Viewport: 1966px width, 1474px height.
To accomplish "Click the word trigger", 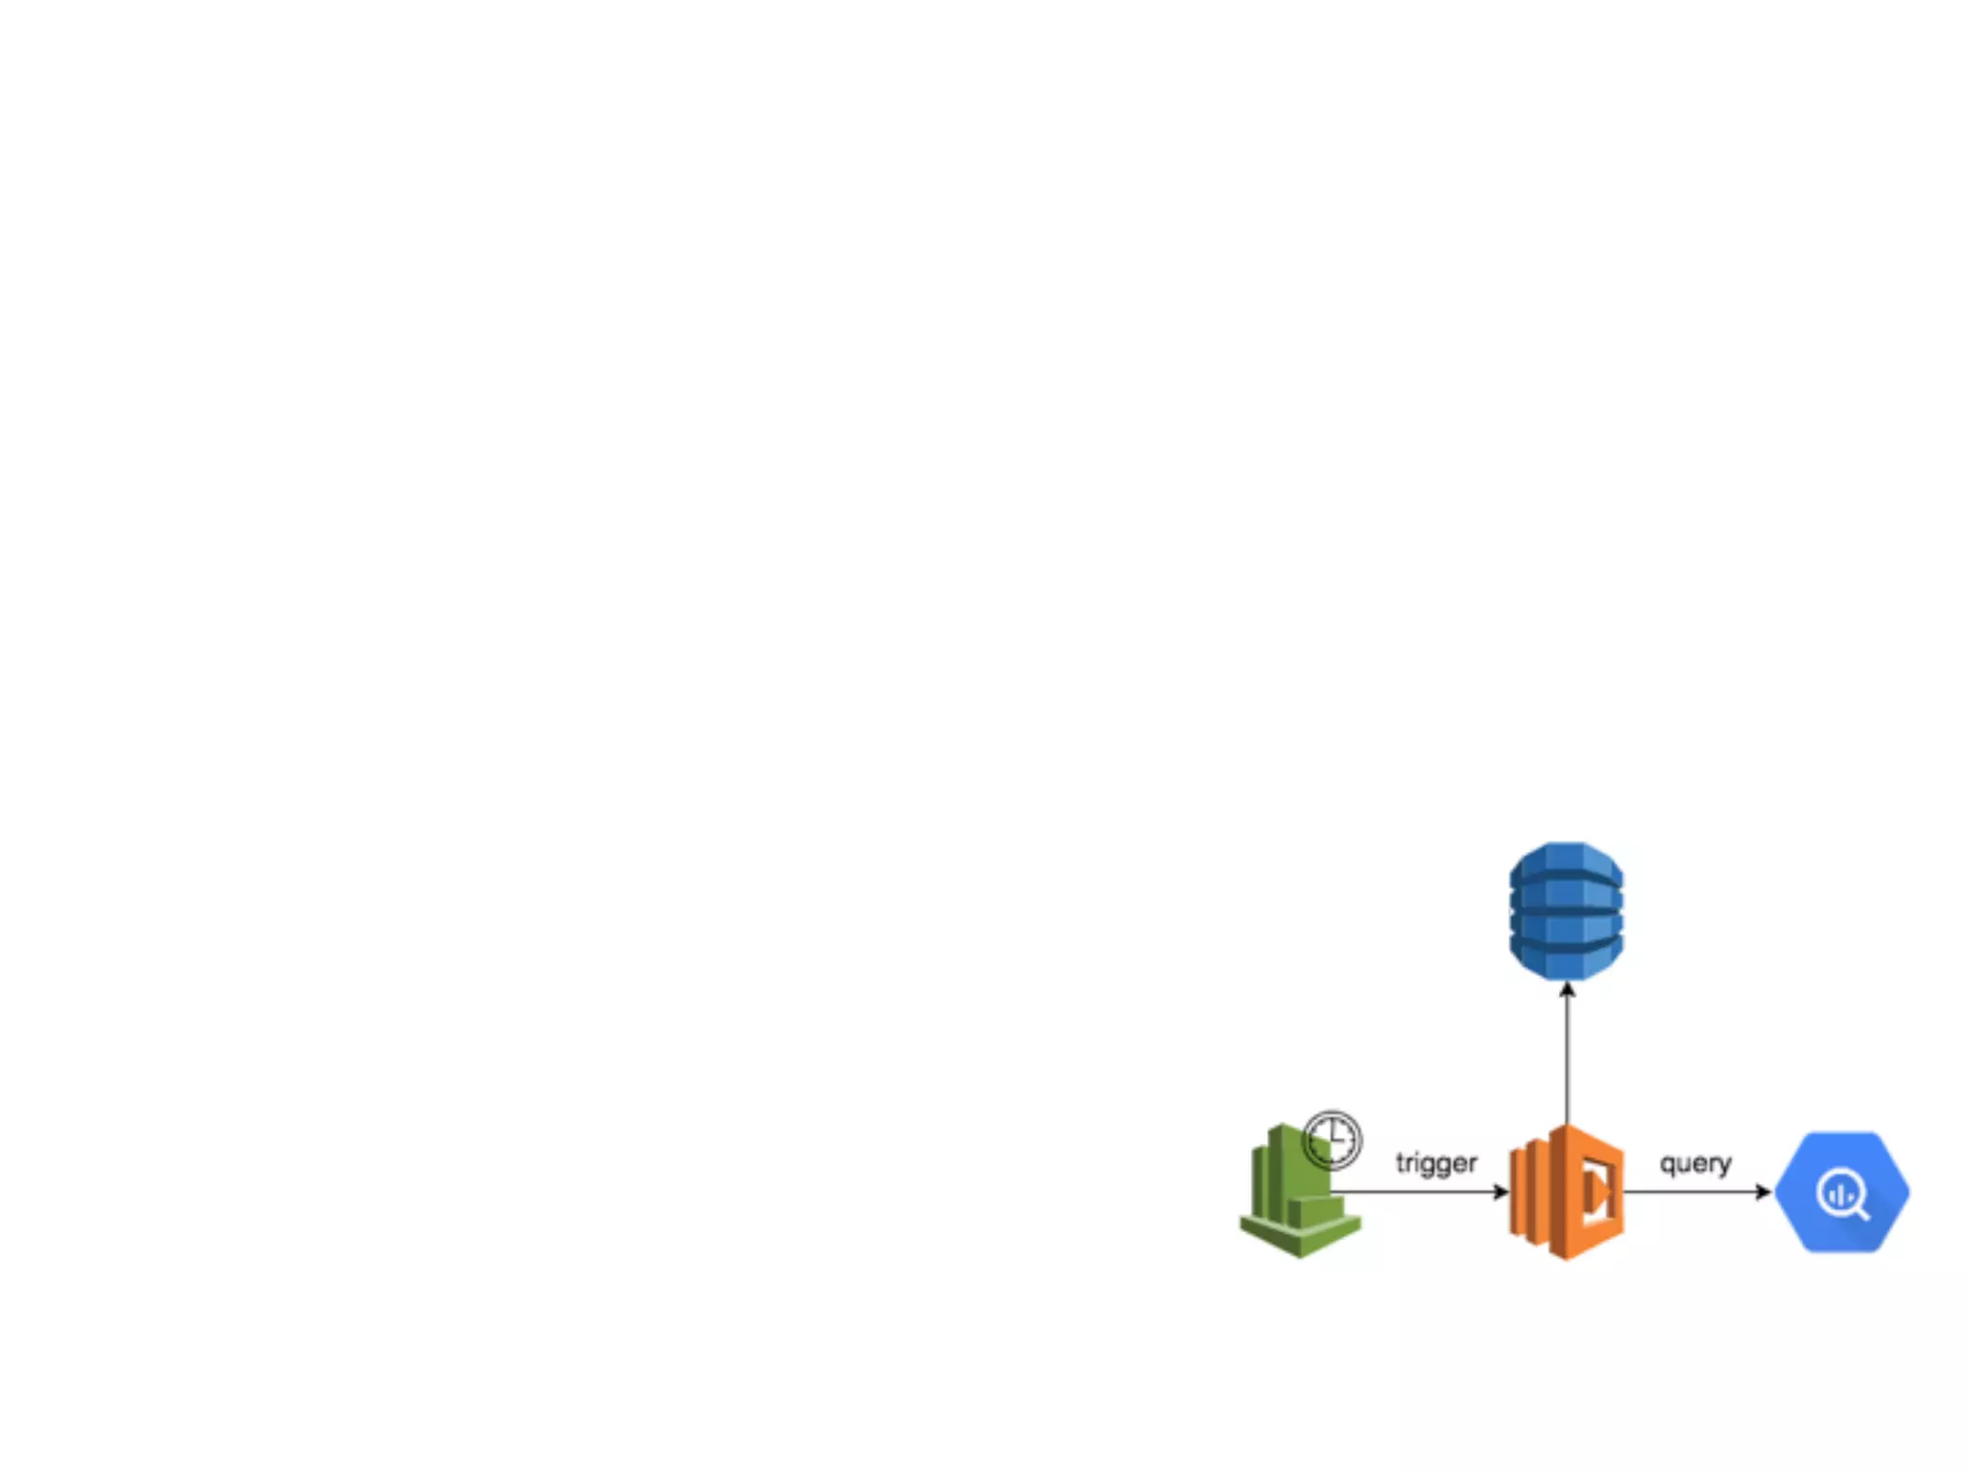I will (x=1436, y=1163).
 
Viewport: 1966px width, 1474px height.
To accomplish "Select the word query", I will (x=1695, y=1163).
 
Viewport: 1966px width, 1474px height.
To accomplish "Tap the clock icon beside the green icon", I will (x=1332, y=1140).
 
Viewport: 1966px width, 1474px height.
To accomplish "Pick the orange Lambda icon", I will (x=1567, y=1192).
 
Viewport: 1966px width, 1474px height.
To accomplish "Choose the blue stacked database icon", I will (x=1567, y=911).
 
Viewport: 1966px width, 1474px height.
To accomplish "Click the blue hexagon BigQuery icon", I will (x=1841, y=1192).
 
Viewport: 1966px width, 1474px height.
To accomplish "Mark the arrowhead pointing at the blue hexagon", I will (x=1764, y=1192).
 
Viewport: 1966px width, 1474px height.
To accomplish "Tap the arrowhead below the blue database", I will (x=1568, y=989).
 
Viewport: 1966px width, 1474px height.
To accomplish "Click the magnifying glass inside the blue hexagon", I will (x=1839, y=1193).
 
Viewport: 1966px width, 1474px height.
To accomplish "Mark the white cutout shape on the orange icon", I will (x=1598, y=1193).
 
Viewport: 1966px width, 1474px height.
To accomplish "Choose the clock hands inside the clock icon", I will (x=1333, y=1138).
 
